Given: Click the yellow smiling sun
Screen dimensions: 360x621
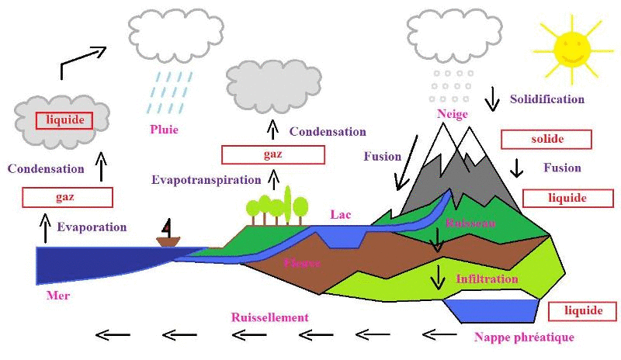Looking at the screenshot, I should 570,47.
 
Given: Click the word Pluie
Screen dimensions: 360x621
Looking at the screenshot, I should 165,130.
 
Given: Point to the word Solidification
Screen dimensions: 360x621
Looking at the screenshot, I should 546,99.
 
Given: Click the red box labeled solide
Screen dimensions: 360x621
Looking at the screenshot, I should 546,140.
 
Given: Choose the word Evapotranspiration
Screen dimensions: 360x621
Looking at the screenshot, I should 206,180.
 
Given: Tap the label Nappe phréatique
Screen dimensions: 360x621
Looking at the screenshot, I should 523,337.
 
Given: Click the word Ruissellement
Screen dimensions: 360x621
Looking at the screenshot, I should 269,317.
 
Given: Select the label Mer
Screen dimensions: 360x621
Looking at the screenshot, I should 59,296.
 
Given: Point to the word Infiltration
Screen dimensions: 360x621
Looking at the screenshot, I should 487,279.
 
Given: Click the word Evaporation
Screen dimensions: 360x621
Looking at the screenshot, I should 92,227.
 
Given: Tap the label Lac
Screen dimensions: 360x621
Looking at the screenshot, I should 341,214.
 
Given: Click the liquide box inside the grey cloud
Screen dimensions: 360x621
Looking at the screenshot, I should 64,120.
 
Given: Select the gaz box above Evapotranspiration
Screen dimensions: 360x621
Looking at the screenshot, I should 272,154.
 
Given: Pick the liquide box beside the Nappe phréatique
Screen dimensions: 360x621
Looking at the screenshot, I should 582,311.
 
